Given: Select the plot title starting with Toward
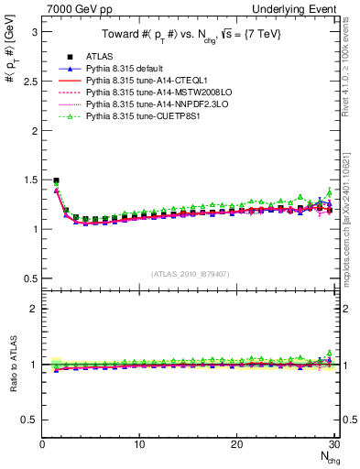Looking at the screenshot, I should pyautogui.click(x=190, y=36).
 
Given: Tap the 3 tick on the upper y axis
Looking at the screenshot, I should pyautogui.click(x=34, y=31).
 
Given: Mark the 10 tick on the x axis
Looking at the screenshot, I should pyautogui.click(x=139, y=444).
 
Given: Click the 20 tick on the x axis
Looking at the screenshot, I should pyautogui.click(x=236, y=444).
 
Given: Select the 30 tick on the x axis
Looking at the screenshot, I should pyautogui.click(x=333, y=444).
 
